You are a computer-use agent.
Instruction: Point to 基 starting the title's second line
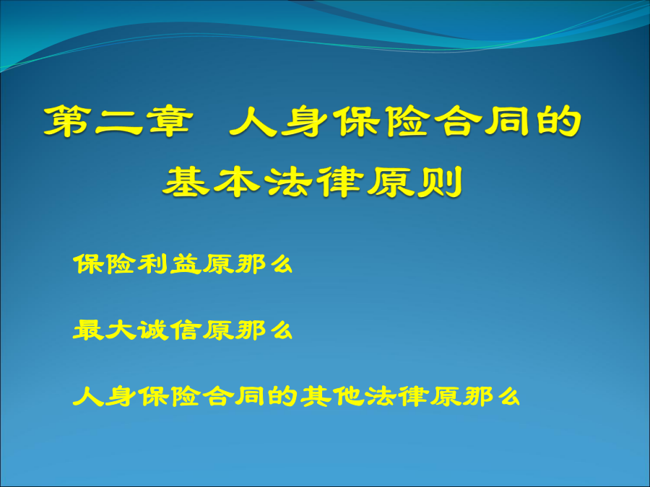(186, 181)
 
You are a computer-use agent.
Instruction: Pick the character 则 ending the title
(439, 181)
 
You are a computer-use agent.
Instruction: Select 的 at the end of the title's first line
(559, 120)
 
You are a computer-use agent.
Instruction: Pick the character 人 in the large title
(253, 120)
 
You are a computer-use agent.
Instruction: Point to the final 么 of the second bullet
(282, 330)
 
